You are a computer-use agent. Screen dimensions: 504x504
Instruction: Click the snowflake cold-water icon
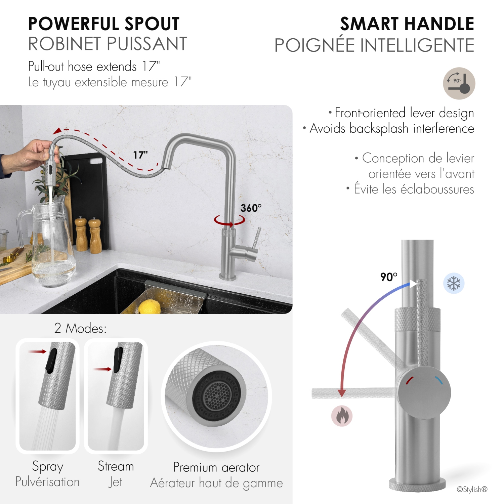(454, 283)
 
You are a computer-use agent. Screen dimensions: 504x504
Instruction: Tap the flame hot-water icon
(342, 416)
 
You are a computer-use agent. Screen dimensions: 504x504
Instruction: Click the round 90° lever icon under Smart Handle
(459, 83)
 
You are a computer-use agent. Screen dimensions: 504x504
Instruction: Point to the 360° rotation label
(251, 208)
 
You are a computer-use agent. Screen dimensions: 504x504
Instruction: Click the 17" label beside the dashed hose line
(140, 155)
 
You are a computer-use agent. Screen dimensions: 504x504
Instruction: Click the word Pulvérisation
(47, 482)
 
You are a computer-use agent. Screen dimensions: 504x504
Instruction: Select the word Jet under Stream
(115, 482)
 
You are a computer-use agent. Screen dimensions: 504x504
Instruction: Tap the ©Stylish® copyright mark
(472, 489)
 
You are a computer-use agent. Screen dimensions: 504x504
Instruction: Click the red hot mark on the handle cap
(409, 380)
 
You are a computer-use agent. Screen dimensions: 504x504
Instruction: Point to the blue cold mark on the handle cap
(439, 380)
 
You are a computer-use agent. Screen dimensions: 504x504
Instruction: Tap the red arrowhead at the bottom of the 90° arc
(342, 393)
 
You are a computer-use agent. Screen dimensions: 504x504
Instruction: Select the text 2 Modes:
(80, 328)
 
